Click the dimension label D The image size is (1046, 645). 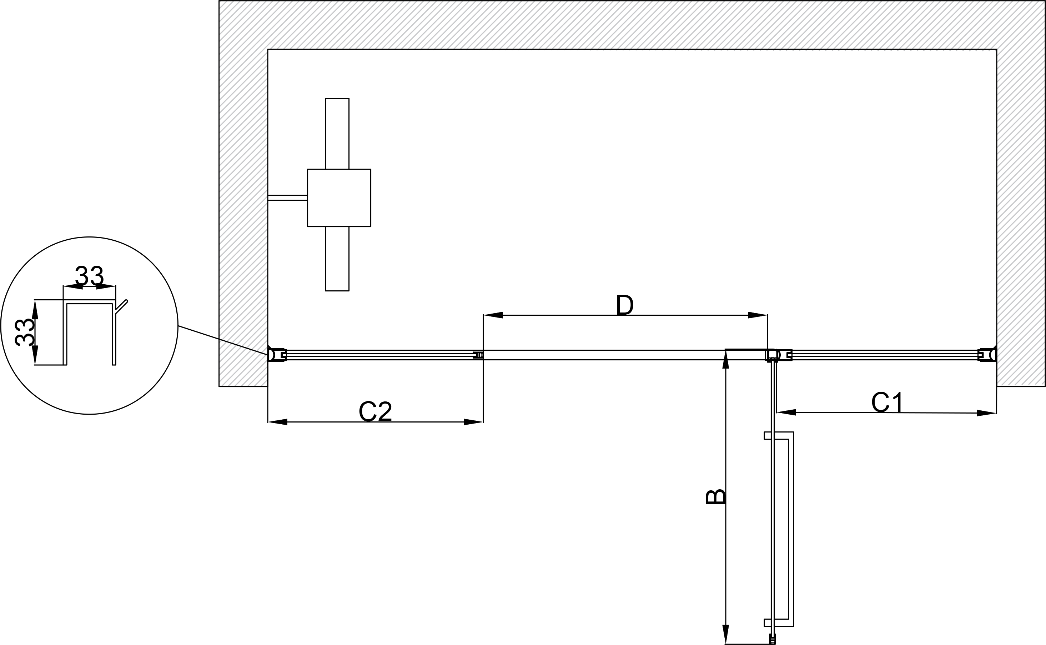(625, 305)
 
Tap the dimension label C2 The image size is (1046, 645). (375, 411)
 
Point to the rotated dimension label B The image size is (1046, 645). (716, 497)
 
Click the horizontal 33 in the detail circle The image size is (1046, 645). (90, 276)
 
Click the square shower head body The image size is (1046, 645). (339, 198)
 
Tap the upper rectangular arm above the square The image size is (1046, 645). (337, 134)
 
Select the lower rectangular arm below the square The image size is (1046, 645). (337, 259)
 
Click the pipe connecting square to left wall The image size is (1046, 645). (287, 197)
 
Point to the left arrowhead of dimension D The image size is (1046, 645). (493, 315)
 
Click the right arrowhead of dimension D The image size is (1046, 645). (758, 315)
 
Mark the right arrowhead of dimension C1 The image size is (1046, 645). (987, 413)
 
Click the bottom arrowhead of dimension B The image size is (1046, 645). (726, 634)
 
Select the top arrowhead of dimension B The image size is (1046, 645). (726, 359)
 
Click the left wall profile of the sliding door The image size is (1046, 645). (277, 355)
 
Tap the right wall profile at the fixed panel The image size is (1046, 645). (987, 355)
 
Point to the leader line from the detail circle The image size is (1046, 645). (223, 340)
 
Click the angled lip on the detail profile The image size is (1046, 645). (121, 306)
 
